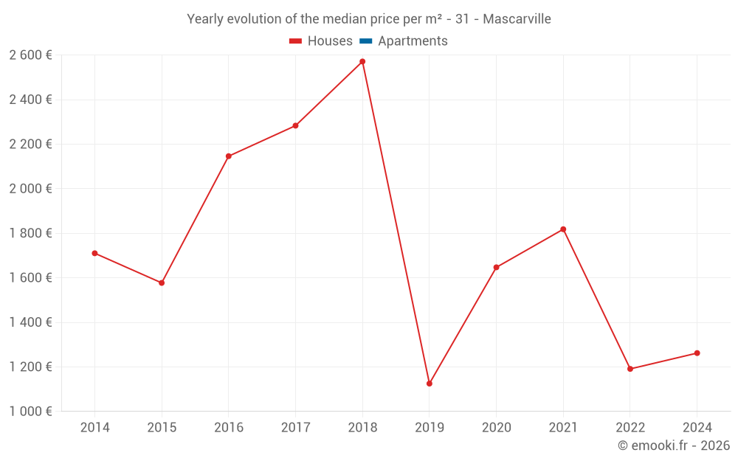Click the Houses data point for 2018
[362, 62]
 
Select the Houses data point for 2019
[430, 384]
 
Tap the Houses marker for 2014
[94, 253]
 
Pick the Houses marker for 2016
[229, 156]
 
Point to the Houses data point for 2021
[563, 229]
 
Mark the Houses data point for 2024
[697, 353]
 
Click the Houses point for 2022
[630, 369]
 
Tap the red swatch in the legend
[295, 41]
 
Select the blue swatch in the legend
[365, 41]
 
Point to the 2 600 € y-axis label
[30, 55]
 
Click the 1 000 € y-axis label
[30, 412]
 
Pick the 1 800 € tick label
[30, 233]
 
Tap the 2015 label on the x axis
[162, 428]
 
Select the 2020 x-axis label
[496, 428]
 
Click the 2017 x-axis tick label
[295, 428]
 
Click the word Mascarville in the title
[517, 19]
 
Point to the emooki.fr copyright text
[674, 446]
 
